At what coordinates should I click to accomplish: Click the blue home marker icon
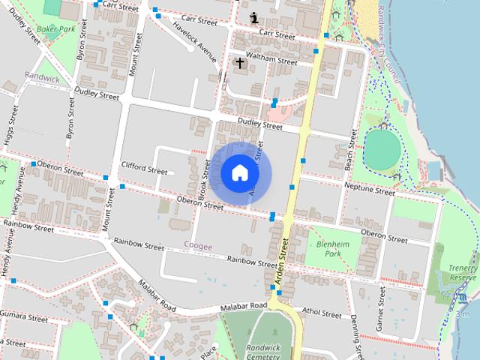(239, 173)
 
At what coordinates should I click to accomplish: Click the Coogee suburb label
(198, 246)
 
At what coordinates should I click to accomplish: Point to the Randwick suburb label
(41, 76)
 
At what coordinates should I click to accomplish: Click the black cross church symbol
(240, 63)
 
